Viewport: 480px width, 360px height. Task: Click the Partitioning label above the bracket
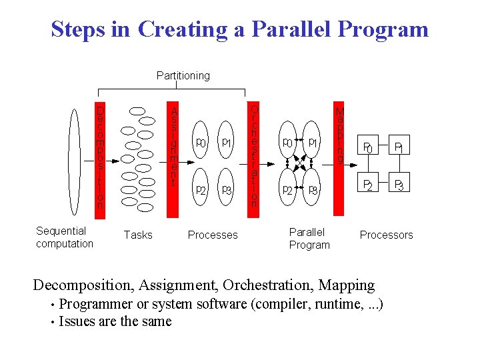point(183,75)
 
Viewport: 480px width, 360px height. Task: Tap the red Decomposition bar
point(100,157)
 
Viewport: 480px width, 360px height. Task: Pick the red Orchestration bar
point(254,157)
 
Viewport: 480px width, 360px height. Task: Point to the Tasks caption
point(138,235)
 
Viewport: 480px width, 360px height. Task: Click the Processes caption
point(213,235)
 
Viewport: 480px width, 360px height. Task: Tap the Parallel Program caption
point(309,239)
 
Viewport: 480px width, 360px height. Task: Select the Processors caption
point(386,235)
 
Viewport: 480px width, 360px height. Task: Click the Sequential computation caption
point(64,237)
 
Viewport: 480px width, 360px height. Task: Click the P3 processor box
point(399,185)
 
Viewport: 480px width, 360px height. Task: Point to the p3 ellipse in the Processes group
point(227,190)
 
